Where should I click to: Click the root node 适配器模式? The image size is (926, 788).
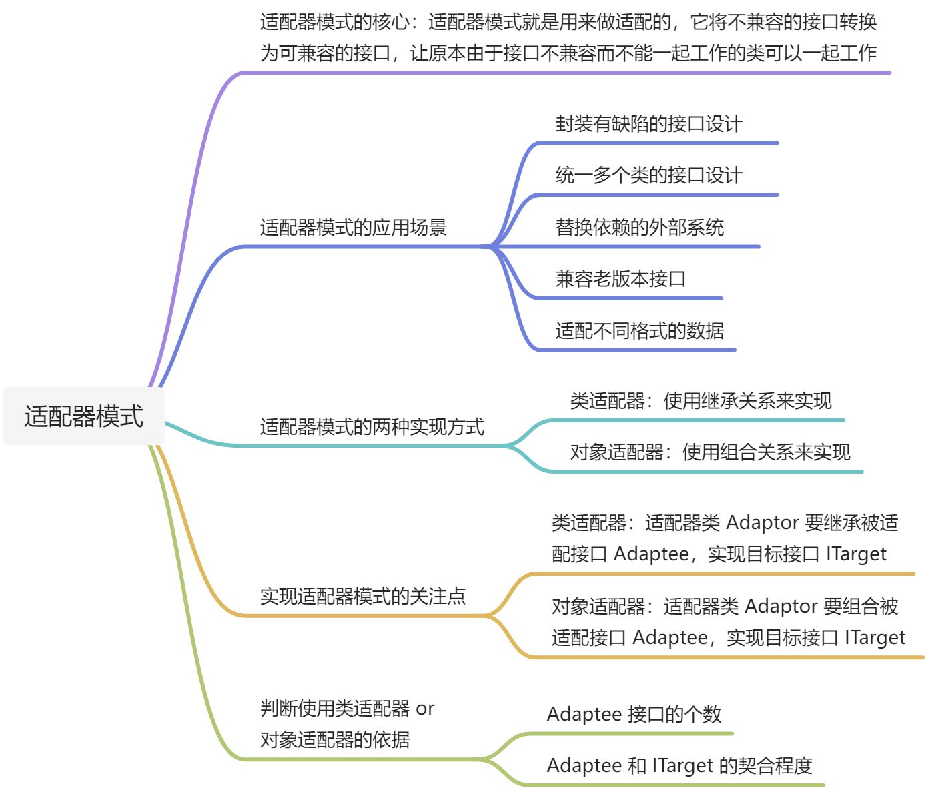[x=84, y=416]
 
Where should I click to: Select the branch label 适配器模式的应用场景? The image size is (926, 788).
[x=353, y=228]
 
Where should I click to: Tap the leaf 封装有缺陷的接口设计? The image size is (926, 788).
[x=648, y=124]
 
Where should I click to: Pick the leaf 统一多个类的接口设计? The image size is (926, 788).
[x=648, y=175]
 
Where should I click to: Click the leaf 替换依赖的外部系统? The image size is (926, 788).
[x=639, y=228]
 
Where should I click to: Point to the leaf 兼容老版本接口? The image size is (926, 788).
[x=620, y=279]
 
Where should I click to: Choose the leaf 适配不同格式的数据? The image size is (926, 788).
[x=639, y=330]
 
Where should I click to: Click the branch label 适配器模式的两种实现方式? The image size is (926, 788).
[x=372, y=427]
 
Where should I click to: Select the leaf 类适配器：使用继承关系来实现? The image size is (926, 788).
[x=701, y=401]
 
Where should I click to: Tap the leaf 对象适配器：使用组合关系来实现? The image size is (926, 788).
[x=710, y=452]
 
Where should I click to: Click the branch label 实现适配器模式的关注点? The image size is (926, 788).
[x=362, y=596]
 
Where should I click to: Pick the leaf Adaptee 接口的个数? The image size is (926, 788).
[x=634, y=714]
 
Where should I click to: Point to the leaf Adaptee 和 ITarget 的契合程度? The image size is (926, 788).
[x=679, y=765]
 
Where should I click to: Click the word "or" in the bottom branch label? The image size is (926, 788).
[x=425, y=709]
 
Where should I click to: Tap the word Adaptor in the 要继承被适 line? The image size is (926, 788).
[x=762, y=522]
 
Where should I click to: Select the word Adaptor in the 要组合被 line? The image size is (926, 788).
[x=781, y=606]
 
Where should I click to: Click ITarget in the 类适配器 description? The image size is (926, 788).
[x=856, y=554]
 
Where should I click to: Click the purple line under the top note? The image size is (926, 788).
[x=567, y=73]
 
